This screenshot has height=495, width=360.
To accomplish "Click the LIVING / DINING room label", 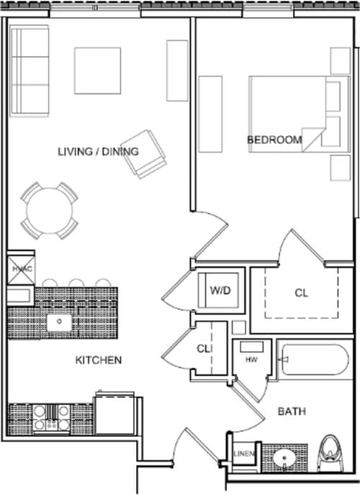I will [98, 151].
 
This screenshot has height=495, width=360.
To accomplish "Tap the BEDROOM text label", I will [274, 140].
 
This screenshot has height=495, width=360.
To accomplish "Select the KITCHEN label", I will [99, 360].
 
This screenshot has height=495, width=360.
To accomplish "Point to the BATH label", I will [292, 412].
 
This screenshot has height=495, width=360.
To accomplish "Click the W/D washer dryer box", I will [219, 291].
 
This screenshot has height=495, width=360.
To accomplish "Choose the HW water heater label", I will [251, 359].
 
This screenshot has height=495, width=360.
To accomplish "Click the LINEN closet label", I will [243, 453].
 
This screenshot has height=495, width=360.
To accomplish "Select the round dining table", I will [49, 210].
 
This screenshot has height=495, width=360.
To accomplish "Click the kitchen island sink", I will [59, 323].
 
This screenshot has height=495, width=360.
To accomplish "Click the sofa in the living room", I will [29, 71].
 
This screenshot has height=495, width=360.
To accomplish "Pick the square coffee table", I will [97, 71].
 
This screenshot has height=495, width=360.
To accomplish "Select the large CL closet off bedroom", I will [301, 293].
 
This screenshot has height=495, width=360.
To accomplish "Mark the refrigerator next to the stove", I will [114, 414].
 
